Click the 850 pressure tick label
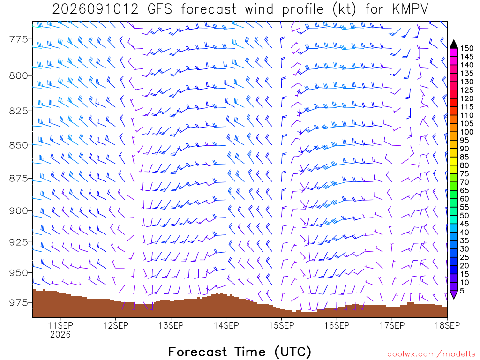[x=19, y=145]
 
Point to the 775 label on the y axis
[x=19, y=39]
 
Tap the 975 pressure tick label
[x=19, y=302]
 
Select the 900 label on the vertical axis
[x=19, y=210]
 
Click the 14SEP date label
[x=226, y=325]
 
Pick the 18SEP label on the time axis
[x=447, y=325]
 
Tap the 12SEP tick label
[x=116, y=325]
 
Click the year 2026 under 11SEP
[x=60, y=334]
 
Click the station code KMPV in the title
[x=410, y=9]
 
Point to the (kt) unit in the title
[x=345, y=9]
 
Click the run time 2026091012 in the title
[x=95, y=9]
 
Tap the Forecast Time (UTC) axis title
[x=240, y=352]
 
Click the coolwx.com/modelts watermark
[x=431, y=354]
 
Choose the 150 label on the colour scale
[x=467, y=48]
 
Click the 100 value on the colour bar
[x=467, y=132]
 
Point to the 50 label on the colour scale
[x=465, y=216]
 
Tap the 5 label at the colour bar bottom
[x=462, y=291]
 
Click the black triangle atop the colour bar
[x=454, y=45]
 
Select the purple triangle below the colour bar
[x=454, y=294]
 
